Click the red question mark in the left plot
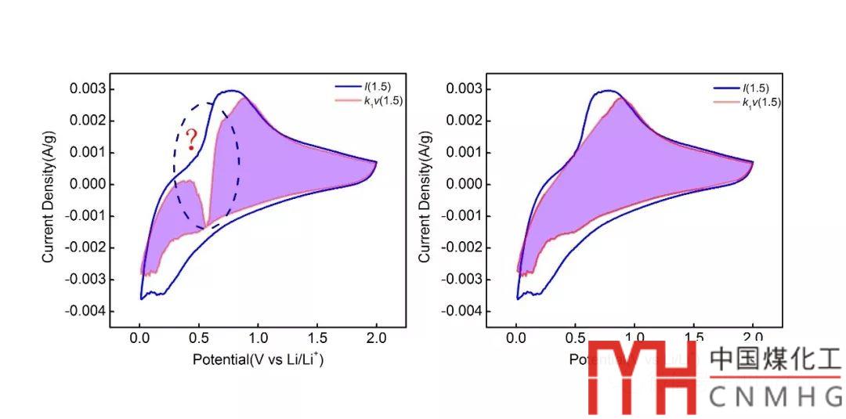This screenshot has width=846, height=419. pyautogui.click(x=190, y=140)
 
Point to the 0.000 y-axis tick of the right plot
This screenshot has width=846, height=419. pyautogui.click(x=465, y=184)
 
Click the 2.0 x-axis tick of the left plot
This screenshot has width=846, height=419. pyautogui.click(x=376, y=339)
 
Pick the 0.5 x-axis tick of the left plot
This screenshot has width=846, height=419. pyautogui.click(x=199, y=339)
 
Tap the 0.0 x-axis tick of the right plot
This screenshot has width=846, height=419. pyautogui.click(x=516, y=339)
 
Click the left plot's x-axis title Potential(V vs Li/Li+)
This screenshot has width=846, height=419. pyautogui.click(x=258, y=359)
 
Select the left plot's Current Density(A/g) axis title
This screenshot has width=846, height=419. pyautogui.click(x=49, y=200)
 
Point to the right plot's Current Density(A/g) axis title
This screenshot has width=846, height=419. pyautogui.click(x=425, y=200)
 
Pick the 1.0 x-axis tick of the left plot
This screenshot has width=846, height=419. pyautogui.click(x=258, y=339)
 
